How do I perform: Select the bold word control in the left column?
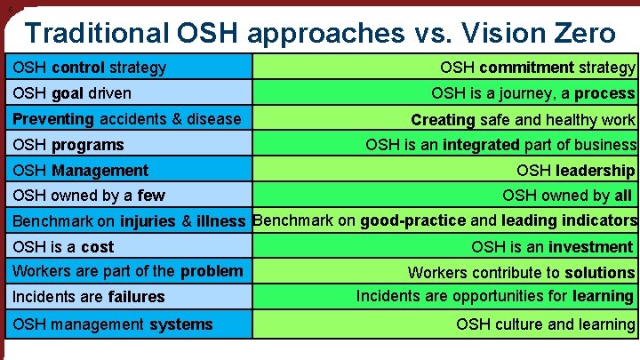coord(78,67)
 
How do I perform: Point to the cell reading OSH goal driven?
coord(72,92)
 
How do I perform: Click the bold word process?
coord(604,92)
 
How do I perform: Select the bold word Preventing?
coord(52,118)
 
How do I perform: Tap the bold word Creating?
coord(443,119)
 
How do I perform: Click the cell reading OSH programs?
coord(68,144)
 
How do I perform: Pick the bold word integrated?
coord(480,144)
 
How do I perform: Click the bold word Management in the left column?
coord(100,170)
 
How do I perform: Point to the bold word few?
coord(151,196)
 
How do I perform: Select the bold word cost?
coord(98,246)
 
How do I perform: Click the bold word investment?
coord(590,246)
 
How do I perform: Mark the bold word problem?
coord(211,270)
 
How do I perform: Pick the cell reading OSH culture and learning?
coord(546,324)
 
